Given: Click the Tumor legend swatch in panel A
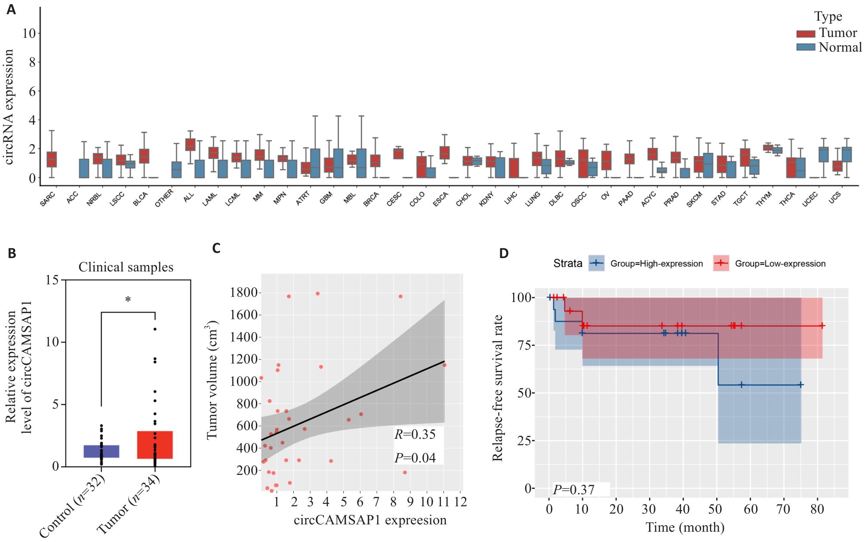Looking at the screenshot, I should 805,34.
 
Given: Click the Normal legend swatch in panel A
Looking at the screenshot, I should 805,47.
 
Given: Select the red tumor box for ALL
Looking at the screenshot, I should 190,145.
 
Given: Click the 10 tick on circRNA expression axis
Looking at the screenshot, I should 29,33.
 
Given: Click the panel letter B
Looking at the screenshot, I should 12,253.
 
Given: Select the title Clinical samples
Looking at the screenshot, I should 126,267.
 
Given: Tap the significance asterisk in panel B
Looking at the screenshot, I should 128,300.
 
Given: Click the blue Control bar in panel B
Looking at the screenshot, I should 101,451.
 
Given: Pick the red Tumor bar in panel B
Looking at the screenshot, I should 155,445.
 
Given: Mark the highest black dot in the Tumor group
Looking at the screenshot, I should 155,329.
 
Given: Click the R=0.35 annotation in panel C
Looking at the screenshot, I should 415,434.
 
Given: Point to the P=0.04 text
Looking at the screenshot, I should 415,458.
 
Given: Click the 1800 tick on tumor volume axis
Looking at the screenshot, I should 243,293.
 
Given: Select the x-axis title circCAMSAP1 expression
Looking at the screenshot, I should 370,520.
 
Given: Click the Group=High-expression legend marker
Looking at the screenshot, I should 596,263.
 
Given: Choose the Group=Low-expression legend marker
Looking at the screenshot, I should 721,263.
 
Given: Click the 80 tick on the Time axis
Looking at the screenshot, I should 817,509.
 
